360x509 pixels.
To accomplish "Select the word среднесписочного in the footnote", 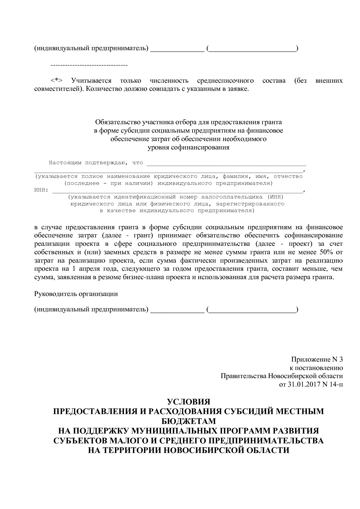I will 225,81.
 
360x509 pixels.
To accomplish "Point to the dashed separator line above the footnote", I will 89,65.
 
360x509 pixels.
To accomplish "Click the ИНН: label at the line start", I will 41,190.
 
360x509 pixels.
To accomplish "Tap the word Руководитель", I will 55,294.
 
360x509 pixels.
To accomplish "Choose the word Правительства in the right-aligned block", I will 243,376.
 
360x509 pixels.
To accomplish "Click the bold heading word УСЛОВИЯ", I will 188,402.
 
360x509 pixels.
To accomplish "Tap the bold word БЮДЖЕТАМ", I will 188,421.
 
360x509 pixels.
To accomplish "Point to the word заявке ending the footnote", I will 239,89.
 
